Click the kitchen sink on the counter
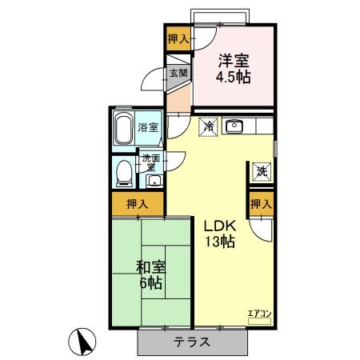(234, 126)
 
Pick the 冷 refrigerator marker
(207, 126)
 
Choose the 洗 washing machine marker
(261, 170)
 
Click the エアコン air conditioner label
(259, 313)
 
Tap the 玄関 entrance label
(177, 73)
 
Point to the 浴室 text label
(147, 128)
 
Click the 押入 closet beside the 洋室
(178, 39)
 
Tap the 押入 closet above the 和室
(137, 203)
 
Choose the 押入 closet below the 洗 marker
(261, 204)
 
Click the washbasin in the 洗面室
(153, 180)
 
